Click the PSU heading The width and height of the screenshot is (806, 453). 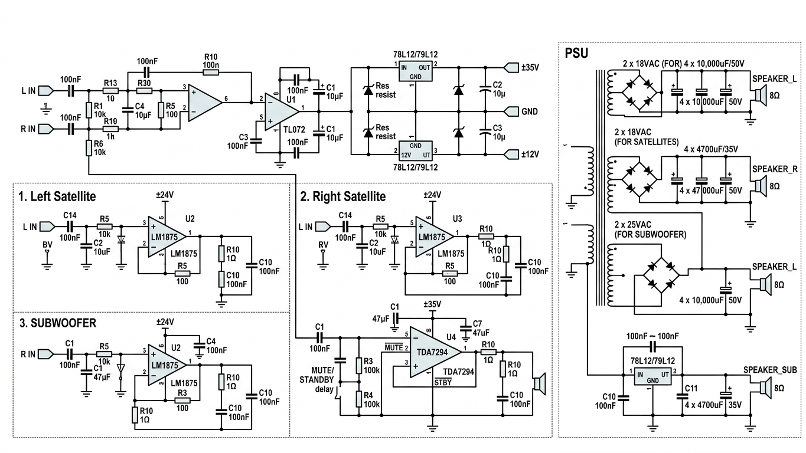[x=576, y=53]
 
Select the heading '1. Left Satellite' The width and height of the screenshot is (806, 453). [x=57, y=196]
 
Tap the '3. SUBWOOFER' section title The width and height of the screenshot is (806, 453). [x=58, y=323]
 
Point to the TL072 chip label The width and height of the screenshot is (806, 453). [x=294, y=130]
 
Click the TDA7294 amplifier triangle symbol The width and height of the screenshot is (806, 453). [x=436, y=352]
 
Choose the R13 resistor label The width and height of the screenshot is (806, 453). [x=110, y=83]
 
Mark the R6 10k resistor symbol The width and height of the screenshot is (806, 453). [x=89, y=148]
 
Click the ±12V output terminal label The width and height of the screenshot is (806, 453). [x=530, y=155]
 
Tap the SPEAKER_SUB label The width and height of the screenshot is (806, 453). [x=770, y=370]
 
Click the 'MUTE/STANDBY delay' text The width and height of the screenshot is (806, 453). [x=316, y=380]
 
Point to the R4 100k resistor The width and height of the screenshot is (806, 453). [x=359, y=399]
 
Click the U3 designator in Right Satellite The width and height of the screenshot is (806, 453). [x=458, y=219]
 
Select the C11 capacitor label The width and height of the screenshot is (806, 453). [x=691, y=388]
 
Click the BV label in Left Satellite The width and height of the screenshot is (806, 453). [x=47, y=245]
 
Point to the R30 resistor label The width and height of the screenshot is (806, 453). [x=144, y=83]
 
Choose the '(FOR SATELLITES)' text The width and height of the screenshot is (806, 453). [x=647, y=142]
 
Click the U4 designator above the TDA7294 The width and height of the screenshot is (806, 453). [x=451, y=337]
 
